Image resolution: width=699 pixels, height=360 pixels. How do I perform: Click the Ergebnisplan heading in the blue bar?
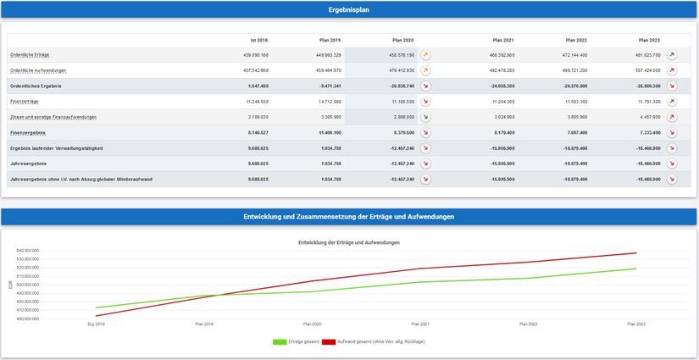(348, 10)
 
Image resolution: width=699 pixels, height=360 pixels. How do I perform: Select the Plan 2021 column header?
(503, 40)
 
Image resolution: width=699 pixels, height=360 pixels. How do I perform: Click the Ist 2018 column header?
(258, 40)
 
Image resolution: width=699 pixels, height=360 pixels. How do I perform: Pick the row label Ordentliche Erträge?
(30, 55)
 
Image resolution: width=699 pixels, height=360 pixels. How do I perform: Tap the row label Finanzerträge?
(25, 101)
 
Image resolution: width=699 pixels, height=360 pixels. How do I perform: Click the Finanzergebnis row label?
(27, 132)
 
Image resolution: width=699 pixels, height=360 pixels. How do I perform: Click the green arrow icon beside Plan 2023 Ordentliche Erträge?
(672, 55)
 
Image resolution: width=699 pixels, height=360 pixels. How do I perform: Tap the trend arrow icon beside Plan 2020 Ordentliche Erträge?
(426, 55)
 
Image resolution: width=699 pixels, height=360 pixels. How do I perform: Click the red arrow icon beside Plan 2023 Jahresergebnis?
(672, 163)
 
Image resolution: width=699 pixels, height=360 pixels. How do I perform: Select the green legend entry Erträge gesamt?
(288, 341)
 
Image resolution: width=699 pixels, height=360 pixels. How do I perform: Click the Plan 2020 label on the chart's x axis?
(312, 324)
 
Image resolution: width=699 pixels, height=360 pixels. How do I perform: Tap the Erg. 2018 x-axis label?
(96, 324)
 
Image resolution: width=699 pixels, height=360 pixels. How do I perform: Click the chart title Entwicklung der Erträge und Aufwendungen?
(349, 243)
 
